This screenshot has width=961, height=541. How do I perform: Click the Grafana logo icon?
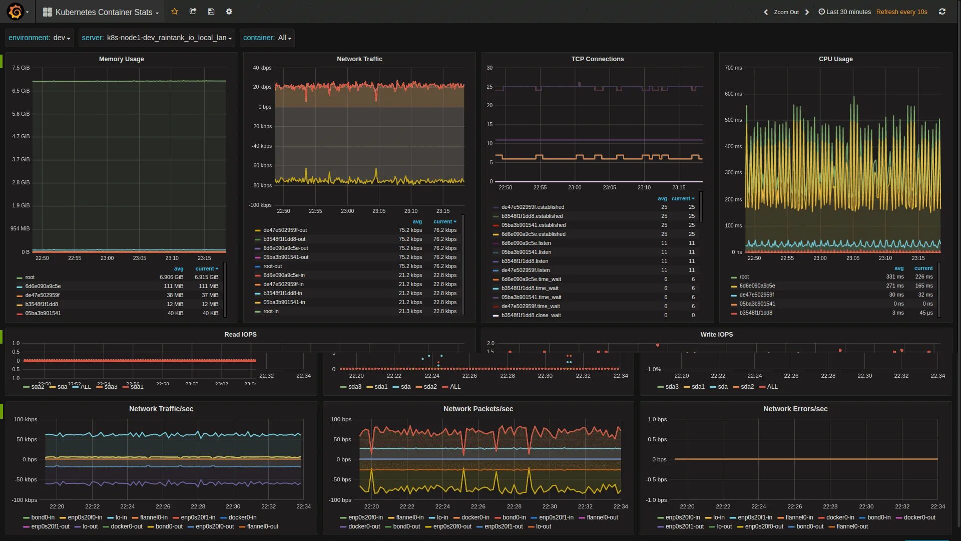(16, 12)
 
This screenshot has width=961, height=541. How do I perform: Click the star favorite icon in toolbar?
(175, 12)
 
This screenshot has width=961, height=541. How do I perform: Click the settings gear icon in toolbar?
(229, 12)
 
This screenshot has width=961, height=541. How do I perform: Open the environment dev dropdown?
(39, 38)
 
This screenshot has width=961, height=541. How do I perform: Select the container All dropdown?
(267, 38)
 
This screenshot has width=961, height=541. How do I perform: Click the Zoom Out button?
(786, 12)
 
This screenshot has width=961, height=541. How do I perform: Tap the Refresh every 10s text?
(901, 12)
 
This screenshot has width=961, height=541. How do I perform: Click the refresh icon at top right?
(942, 12)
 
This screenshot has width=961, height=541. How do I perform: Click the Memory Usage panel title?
(121, 59)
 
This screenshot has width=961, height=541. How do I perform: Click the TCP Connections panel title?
(597, 59)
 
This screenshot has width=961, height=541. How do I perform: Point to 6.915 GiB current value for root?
(206, 278)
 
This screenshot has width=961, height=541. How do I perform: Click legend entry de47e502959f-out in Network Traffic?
(285, 230)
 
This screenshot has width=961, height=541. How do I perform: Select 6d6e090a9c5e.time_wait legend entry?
(531, 280)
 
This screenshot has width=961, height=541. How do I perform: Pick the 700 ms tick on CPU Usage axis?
(733, 68)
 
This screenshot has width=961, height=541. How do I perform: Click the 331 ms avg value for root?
(894, 277)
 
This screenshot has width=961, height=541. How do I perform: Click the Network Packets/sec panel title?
(478, 409)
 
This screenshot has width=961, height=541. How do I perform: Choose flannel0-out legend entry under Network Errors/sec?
(851, 527)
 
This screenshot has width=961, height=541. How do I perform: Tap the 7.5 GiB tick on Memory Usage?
(21, 68)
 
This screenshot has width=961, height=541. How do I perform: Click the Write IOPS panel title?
(716, 335)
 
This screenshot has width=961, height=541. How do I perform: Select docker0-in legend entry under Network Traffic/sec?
(242, 518)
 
